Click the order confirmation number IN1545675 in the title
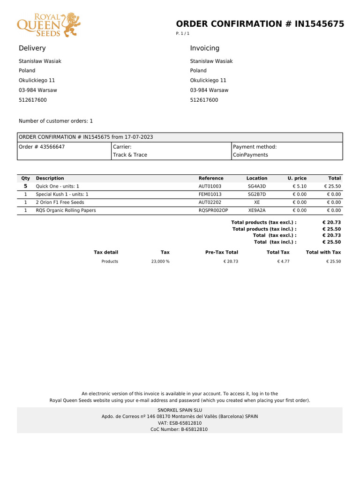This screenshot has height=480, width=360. (x=319, y=24)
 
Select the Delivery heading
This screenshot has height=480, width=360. (x=32, y=48)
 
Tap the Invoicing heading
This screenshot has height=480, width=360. (x=204, y=48)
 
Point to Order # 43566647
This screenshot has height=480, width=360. (x=42, y=147)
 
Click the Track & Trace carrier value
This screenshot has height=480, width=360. (x=130, y=155)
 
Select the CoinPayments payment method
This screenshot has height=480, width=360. (x=250, y=155)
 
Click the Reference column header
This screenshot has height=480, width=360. (x=211, y=178)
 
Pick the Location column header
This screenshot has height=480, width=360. (x=257, y=178)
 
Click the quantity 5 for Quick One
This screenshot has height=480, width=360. (x=25, y=186)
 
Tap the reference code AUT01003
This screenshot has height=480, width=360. (x=210, y=187)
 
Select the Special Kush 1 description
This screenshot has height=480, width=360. (x=62, y=194)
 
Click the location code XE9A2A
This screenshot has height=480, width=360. (x=257, y=210)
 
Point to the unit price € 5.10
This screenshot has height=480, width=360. (x=300, y=187)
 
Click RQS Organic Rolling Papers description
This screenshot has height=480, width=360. (x=66, y=210)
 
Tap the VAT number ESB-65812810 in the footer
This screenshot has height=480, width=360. (x=180, y=423)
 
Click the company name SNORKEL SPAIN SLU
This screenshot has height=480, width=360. (x=180, y=410)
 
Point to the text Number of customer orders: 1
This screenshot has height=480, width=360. (x=56, y=121)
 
